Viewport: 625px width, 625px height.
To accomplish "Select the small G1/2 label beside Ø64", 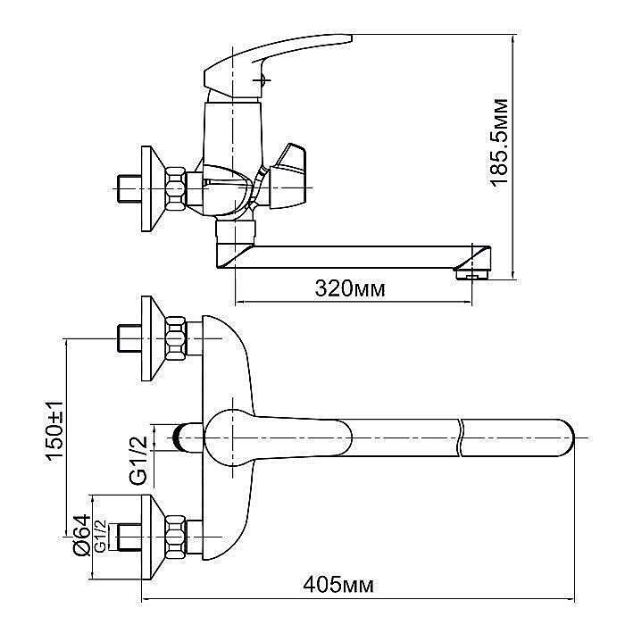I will click(x=101, y=536).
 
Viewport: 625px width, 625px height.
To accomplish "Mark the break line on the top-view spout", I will click(x=459, y=437).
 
